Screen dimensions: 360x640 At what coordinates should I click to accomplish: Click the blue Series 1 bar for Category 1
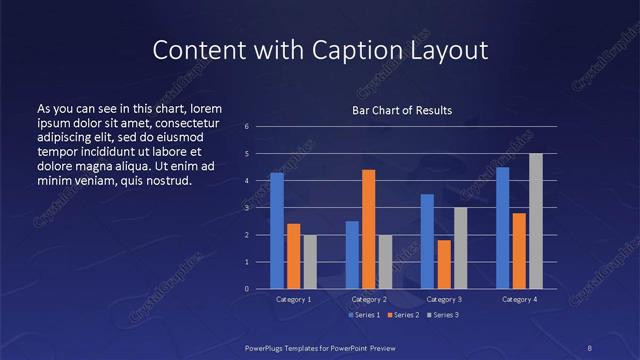[x=277, y=231]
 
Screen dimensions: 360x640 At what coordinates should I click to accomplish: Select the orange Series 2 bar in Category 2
[x=368, y=229]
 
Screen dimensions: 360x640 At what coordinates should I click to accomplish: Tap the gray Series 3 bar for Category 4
[x=535, y=221]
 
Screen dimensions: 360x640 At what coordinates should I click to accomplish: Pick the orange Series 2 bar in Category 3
[x=443, y=264]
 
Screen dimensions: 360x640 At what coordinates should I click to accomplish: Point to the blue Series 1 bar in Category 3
[x=427, y=241]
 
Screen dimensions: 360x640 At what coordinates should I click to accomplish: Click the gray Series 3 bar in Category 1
[x=310, y=262]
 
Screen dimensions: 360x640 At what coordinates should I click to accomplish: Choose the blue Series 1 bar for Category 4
[x=502, y=228]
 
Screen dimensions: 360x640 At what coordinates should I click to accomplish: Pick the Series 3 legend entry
[x=440, y=315]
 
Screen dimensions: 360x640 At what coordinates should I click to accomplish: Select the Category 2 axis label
[x=369, y=300]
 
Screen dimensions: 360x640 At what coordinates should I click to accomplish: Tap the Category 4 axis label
[x=519, y=300]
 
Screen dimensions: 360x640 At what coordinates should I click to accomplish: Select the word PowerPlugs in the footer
[x=268, y=347]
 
